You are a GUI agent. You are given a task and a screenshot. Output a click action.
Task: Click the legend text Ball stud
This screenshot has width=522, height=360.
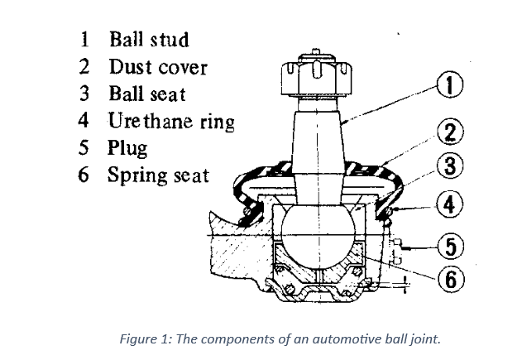pyautogui.click(x=149, y=39)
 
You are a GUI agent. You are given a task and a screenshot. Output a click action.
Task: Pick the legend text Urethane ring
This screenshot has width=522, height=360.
pyautogui.click(x=171, y=122)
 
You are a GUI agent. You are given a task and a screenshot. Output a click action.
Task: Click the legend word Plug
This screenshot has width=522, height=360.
pyautogui.click(x=127, y=149)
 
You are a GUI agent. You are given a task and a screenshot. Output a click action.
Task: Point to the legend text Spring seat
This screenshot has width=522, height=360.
pyautogui.click(x=158, y=176)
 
